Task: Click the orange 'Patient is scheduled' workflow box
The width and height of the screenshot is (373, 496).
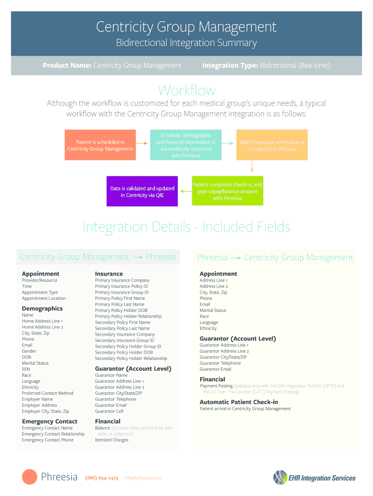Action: pyautogui.click(x=100, y=145)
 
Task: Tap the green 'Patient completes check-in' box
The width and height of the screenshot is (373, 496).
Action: pyautogui.click(x=228, y=191)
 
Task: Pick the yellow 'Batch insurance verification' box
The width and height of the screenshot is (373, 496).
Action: pyautogui.click(x=272, y=145)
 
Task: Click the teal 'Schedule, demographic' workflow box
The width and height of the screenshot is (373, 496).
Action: pyautogui.click(x=186, y=145)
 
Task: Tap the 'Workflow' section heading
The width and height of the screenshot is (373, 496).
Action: pyautogui.click(x=186, y=90)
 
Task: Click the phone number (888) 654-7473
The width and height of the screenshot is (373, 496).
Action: pyautogui.click(x=102, y=478)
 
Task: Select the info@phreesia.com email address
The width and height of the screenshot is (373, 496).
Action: pyautogui.click(x=143, y=478)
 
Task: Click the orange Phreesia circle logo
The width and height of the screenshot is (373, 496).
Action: pyautogui.click(x=30, y=477)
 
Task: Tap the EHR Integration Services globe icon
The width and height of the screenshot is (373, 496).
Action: pyautogui.click(x=280, y=477)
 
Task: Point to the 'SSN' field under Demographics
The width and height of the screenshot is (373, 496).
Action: pyautogui.click(x=26, y=369)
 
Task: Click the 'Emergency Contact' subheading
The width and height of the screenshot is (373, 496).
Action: pyautogui.click(x=49, y=421)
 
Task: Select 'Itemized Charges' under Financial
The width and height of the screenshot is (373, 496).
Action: pyautogui.click(x=111, y=440)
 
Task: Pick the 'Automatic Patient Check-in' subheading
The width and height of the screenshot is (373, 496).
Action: pyautogui.click(x=239, y=402)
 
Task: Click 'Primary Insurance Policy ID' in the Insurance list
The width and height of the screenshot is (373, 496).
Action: pyautogui.click(x=121, y=286)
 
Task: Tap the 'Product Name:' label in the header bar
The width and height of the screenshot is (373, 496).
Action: pyautogui.click(x=67, y=65)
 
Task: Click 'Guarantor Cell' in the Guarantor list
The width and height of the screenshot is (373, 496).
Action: pyautogui.click(x=109, y=411)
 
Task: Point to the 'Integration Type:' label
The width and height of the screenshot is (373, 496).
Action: pyautogui.click(x=230, y=65)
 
